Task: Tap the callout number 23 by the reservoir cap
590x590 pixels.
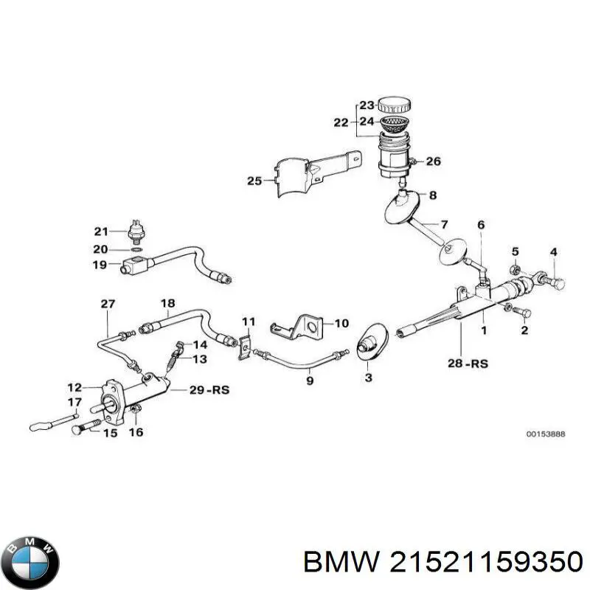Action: pyautogui.click(x=367, y=105)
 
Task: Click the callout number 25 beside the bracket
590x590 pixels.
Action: pyautogui.click(x=254, y=180)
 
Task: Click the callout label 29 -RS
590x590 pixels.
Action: pyautogui.click(x=209, y=390)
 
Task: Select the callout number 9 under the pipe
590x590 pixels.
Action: pyautogui.click(x=310, y=381)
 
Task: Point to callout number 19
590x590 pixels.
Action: pyautogui.click(x=100, y=265)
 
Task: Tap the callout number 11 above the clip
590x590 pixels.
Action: pyautogui.click(x=248, y=322)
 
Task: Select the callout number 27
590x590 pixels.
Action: pyautogui.click(x=108, y=304)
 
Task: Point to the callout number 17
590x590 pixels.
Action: pyautogui.click(x=74, y=402)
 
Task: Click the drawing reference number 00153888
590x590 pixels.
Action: pyautogui.click(x=545, y=435)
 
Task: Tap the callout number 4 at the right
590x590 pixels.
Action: pyautogui.click(x=553, y=253)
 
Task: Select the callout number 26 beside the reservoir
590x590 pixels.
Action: pyautogui.click(x=433, y=162)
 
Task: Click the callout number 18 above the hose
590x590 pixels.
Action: pyautogui.click(x=167, y=303)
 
